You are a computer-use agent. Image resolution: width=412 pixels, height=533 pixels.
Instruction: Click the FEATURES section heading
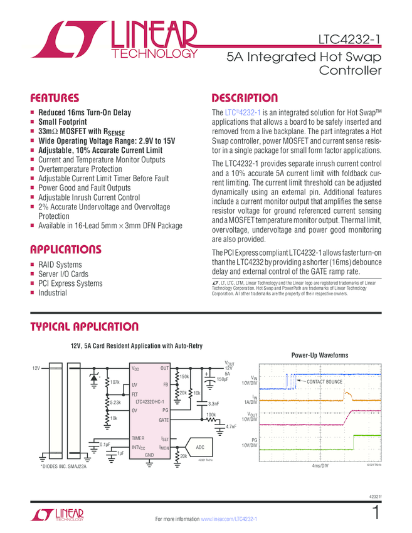55,98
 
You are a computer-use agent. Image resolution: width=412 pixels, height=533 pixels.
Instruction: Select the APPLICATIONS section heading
65,249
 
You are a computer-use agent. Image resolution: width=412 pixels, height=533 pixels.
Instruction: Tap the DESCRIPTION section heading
245,98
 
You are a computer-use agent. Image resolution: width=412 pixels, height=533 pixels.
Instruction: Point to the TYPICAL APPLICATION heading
84,327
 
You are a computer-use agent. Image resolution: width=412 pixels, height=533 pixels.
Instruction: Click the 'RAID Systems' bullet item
60,265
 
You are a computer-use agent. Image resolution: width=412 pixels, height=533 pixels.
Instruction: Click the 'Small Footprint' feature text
62,122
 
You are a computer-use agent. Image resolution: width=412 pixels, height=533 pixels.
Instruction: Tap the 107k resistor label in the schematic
114,382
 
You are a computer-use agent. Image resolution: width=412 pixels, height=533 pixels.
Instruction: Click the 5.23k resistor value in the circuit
115,402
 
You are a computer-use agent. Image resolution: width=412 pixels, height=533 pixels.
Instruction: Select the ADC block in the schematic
200,446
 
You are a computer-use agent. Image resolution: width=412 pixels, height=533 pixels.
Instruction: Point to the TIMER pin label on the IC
139,438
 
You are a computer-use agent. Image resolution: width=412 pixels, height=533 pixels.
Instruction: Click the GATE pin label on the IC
164,419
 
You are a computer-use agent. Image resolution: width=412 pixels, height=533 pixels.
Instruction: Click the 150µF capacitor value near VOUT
223,379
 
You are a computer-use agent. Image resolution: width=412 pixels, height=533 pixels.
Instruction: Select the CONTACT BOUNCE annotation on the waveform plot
324,382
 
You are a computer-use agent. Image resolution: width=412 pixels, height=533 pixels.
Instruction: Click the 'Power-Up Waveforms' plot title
319,356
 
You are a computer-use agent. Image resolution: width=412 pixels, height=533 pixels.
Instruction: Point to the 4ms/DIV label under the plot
320,467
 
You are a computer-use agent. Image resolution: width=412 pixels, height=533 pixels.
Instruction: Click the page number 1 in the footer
376,512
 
